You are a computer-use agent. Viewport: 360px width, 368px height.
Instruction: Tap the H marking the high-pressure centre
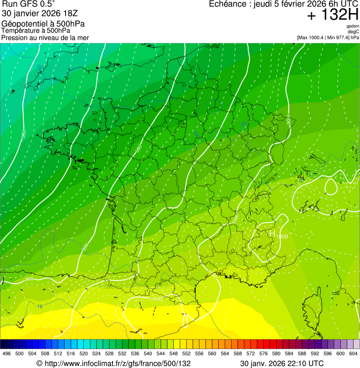coord(272,233)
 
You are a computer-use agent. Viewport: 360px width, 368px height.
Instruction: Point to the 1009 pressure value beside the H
coord(282,237)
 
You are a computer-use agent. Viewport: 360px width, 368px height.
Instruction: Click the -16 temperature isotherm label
coord(40,307)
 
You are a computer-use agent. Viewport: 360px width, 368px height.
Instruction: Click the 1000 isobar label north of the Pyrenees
coord(156,299)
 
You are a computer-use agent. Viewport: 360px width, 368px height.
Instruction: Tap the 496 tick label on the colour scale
coord(7,354)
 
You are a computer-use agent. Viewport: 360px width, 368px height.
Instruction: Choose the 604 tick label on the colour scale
coord(353,354)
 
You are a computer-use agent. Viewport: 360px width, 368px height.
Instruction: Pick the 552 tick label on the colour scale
coord(186,354)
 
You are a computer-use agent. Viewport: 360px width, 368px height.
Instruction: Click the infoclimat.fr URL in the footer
coord(113,363)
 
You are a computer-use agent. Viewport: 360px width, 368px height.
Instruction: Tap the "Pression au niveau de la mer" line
coord(45,37)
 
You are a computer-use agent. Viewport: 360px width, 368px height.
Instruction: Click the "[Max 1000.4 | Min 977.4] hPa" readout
coord(328,37)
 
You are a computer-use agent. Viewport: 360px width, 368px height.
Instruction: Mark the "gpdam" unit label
coord(353,26)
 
